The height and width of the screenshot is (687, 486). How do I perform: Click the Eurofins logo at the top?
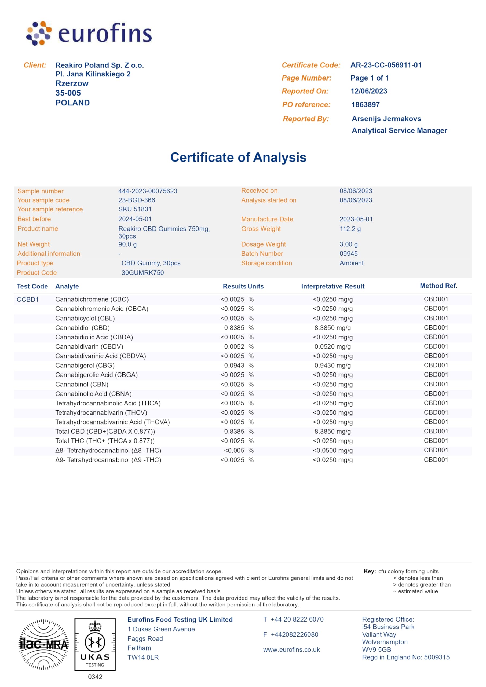[89, 33]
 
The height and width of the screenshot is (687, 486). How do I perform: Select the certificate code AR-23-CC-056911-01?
[386, 65]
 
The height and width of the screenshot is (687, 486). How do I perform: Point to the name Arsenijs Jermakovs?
[386, 119]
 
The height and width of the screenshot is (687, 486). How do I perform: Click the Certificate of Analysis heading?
[238, 157]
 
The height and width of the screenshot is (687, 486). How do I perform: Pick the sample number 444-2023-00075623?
[148, 191]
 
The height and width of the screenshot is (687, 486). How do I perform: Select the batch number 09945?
[348, 254]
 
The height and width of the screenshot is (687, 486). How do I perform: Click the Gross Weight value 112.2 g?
[350, 229]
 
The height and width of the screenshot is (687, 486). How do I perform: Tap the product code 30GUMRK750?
[142, 273]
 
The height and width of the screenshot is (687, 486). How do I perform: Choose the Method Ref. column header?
[439, 286]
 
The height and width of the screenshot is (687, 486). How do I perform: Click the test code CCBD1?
[28, 299]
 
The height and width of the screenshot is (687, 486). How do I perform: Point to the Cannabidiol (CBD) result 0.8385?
[234, 328]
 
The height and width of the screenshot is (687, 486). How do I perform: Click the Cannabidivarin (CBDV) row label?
[89, 347]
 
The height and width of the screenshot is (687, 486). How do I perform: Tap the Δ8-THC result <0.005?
[234, 451]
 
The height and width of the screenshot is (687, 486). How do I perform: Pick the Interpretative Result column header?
[332, 286]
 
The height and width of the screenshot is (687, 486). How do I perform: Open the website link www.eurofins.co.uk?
[291, 650]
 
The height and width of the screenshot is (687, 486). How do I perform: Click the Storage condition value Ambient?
[351, 263]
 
